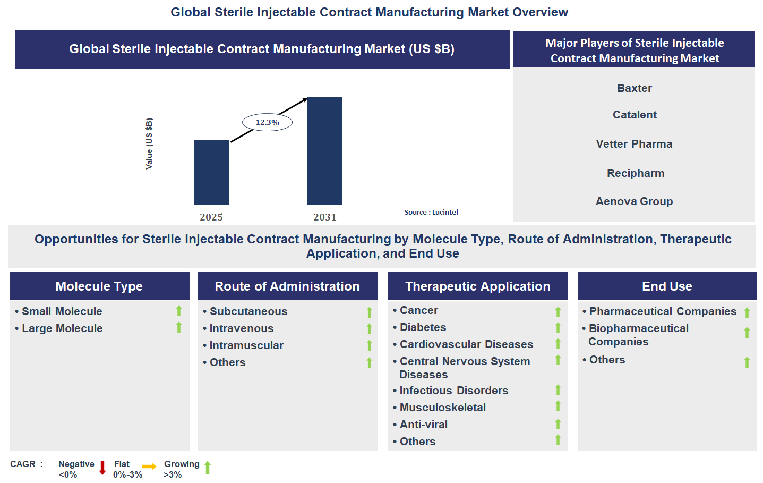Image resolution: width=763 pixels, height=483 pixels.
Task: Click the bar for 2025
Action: click(x=211, y=173)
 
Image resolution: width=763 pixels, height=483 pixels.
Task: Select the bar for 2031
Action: click(x=324, y=151)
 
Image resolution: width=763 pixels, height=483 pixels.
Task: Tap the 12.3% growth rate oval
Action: click(x=267, y=122)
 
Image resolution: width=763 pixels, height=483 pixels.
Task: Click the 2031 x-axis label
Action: click(x=324, y=217)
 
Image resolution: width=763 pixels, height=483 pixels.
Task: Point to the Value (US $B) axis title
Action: click(x=149, y=143)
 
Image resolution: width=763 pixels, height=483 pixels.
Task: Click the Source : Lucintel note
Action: click(x=431, y=212)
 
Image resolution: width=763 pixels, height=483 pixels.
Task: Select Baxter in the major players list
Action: click(x=634, y=88)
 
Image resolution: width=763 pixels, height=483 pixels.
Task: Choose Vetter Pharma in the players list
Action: click(x=634, y=144)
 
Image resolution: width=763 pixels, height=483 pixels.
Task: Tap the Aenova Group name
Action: click(x=634, y=201)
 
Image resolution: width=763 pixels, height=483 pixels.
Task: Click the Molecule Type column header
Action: click(x=99, y=286)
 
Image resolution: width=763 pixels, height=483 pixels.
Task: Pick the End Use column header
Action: click(x=667, y=286)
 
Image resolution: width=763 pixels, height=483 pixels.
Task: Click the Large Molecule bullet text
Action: click(x=62, y=328)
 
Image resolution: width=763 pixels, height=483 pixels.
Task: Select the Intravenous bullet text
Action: click(x=242, y=328)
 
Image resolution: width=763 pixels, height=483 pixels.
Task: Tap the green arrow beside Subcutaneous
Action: click(x=369, y=312)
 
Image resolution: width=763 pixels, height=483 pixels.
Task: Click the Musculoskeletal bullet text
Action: click(x=442, y=408)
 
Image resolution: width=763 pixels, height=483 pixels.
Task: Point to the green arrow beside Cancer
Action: click(x=558, y=312)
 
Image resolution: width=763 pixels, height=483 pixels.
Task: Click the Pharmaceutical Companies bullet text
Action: click(x=663, y=311)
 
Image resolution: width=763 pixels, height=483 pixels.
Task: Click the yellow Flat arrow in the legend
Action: click(x=149, y=467)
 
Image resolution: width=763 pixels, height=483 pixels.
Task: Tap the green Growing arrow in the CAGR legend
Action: click(x=208, y=468)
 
